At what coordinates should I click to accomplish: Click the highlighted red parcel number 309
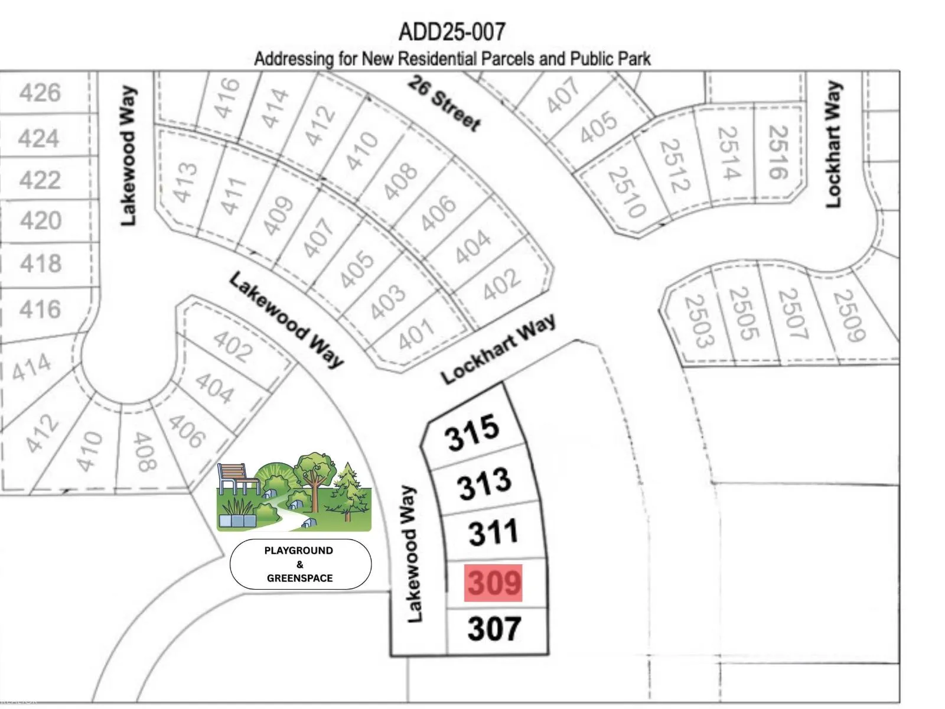click(x=494, y=583)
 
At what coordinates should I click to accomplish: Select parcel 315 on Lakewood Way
click(x=472, y=432)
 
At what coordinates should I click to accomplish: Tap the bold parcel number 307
click(x=494, y=629)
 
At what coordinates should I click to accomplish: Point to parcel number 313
click(x=484, y=483)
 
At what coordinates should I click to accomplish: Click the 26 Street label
click(x=444, y=104)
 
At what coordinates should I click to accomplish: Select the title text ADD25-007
click(x=452, y=32)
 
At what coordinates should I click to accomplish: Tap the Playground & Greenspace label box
click(x=300, y=564)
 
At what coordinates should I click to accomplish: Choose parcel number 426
click(x=40, y=93)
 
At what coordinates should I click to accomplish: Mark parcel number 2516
click(x=778, y=152)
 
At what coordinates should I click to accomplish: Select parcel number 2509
click(x=849, y=315)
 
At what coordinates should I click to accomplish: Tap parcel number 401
click(x=416, y=335)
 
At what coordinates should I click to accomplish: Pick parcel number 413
click(x=185, y=182)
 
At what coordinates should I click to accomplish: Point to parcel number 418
click(x=40, y=264)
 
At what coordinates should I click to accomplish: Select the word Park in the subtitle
click(x=634, y=59)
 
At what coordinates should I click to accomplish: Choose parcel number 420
click(x=40, y=221)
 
